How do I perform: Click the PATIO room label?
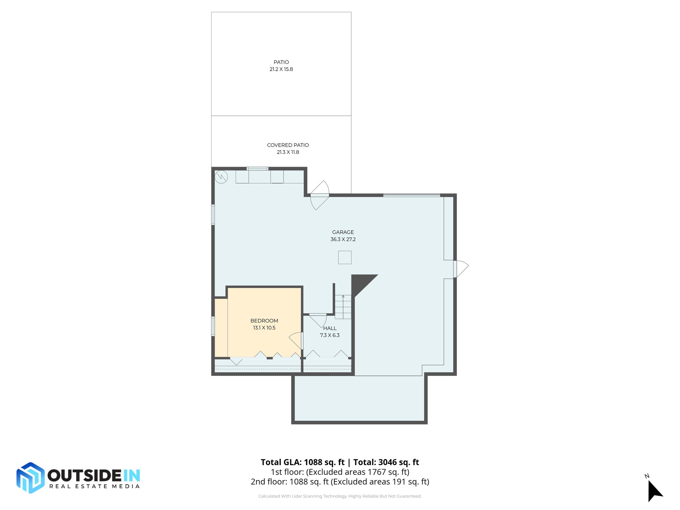click(x=281, y=62)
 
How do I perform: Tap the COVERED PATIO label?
click(x=288, y=145)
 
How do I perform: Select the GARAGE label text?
click(x=343, y=232)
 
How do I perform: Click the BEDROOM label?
click(x=264, y=320)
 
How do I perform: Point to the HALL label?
click(x=330, y=328)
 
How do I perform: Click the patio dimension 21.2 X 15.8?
click(x=281, y=69)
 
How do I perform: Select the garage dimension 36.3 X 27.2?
click(x=343, y=239)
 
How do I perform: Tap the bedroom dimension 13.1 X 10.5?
click(x=264, y=328)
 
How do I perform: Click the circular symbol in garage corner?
click(x=221, y=177)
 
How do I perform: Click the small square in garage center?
click(x=345, y=257)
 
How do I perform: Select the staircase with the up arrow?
click(x=343, y=307)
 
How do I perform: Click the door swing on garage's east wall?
click(x=461, y=269)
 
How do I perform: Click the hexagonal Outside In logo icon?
click(x=30, y=477)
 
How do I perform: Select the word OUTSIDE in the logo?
click(x=85, y=475)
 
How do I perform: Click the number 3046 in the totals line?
click(x=387, y=462)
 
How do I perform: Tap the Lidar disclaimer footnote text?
click(x=340, y=496)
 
